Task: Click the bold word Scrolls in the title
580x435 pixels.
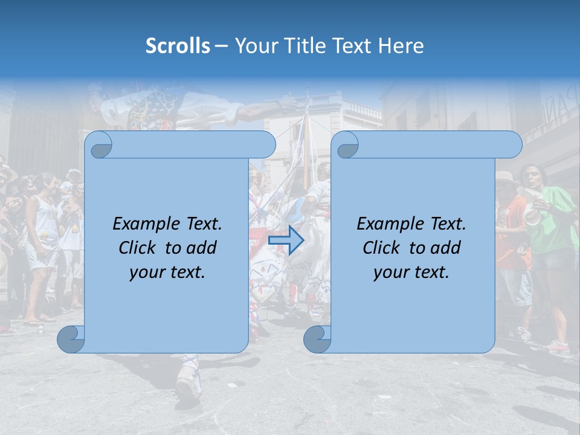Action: (178, 46)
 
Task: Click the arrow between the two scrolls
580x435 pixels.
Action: (286, 240)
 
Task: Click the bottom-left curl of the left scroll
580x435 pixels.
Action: (71, 339)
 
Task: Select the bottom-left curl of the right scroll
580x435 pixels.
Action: (317, 339)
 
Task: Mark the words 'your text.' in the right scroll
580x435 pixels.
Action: (411, 272)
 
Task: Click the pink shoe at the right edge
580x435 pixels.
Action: (559, 347)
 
